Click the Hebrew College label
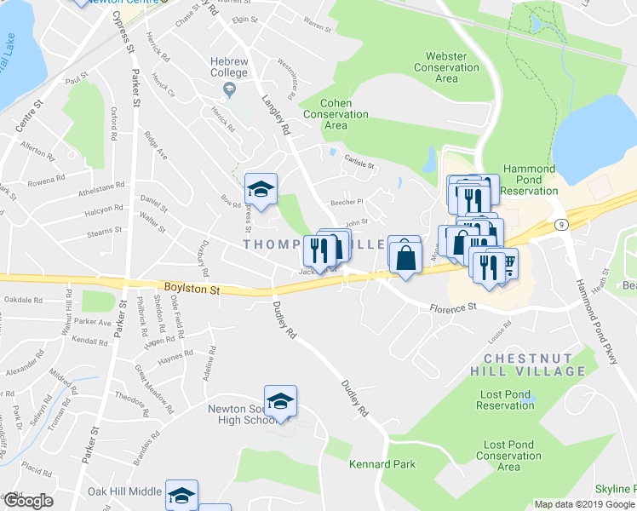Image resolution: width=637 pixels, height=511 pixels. point(229,67)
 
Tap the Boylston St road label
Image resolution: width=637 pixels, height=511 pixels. point(192,290)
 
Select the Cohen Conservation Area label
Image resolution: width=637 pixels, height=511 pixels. point(336,113)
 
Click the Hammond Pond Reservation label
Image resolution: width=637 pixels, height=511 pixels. point(528,180)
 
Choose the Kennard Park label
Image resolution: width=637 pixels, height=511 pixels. point(382,464)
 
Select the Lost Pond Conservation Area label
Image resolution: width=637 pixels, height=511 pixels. point(508,456)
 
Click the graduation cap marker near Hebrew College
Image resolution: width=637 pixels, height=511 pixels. point(261,189)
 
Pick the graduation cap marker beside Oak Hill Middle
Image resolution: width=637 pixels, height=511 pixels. point(181,496)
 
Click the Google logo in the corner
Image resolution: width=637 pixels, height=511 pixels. point(27,502)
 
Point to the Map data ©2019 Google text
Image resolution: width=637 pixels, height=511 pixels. point(583,504)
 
